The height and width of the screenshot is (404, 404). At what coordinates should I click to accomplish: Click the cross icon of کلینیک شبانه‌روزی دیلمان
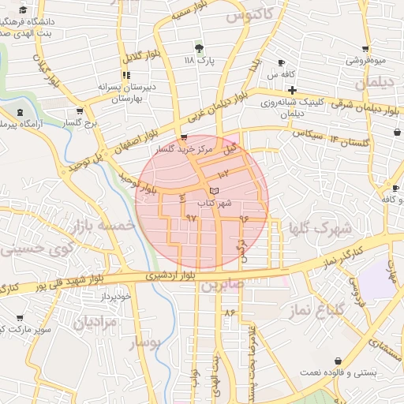click(x=292, y=91)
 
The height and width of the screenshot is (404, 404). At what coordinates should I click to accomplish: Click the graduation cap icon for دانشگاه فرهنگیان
click(x=24, y=9)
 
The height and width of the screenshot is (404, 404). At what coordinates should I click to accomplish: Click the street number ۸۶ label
click(x=230, y=314)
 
